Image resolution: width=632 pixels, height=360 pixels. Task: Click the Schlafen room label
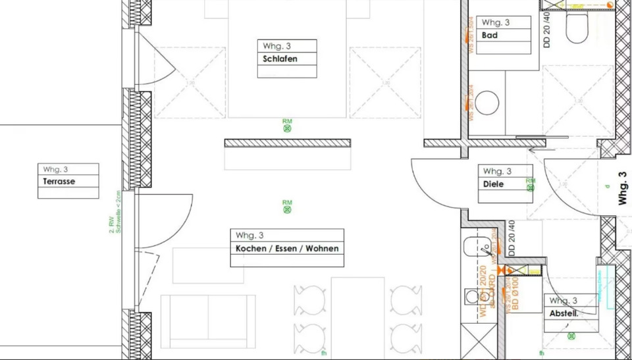(280, 59)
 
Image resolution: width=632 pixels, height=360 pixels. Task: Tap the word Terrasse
(59, 182)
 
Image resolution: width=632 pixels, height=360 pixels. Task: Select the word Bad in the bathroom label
(490, 36)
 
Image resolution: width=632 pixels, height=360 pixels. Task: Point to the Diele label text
(493, 184)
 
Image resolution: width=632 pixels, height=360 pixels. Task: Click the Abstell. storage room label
(564, 314)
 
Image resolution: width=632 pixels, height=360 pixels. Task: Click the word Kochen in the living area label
(250, 249)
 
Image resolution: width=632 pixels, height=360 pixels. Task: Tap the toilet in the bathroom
(577, 26)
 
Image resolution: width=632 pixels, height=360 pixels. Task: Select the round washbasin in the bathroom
(487, 103)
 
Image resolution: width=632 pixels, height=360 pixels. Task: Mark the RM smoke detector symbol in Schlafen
(287, 128)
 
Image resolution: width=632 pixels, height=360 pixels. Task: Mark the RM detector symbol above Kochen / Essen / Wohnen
(287, 210)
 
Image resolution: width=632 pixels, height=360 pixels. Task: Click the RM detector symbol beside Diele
(531, 188)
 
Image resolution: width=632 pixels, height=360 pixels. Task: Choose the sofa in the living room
(208, 321)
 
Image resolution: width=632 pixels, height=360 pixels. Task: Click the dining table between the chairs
(357, 316)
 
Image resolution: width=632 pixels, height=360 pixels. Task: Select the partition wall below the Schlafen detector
(287, 143)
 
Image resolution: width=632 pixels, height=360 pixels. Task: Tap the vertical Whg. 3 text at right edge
(623, 189)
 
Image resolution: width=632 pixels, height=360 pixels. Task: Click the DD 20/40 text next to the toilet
(548, 30)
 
